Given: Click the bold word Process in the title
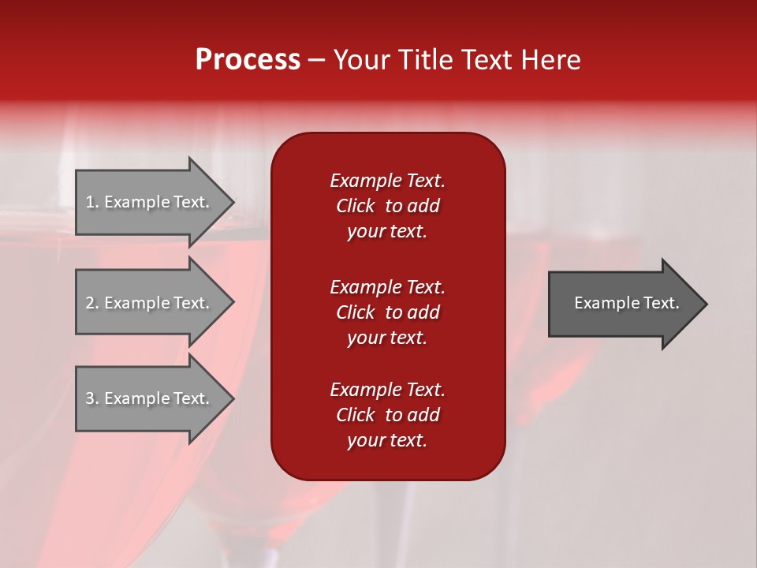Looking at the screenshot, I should pos(248,60).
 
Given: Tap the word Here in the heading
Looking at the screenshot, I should pos(550,60).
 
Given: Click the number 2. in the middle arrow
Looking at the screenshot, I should pos(92,303).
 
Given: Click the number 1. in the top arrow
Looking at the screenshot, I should pos(92,202).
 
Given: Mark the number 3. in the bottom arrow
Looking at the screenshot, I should pos(92,398).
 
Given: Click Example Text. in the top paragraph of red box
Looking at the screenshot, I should pos(387,181).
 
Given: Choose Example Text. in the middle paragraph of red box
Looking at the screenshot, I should pos(387,287).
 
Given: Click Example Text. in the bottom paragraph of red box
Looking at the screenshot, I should pos(387,390).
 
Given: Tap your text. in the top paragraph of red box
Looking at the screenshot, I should pos(387,232).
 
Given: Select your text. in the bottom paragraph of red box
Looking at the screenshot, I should pos(387,441).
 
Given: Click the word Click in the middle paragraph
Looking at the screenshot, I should pos(356,312).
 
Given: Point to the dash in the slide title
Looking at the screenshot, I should pos(316,61).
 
